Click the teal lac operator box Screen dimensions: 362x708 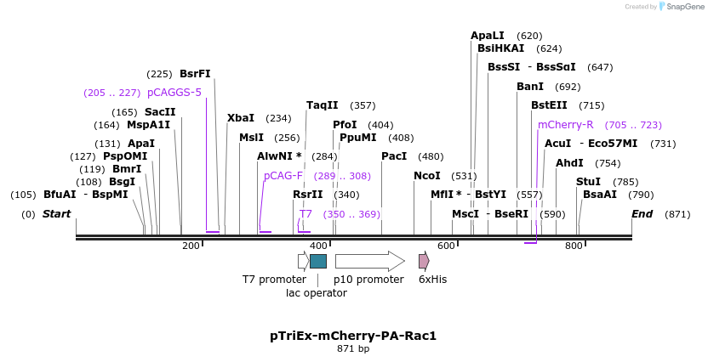point(318,261)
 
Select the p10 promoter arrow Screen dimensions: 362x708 point(369,261)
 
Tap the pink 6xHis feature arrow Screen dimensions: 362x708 point(424,261)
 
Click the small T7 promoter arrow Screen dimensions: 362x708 point(303,261)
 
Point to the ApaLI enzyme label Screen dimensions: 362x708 point(488,36)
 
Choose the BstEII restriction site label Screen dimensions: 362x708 point(549,105)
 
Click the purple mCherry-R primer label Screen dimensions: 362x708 point(566,125)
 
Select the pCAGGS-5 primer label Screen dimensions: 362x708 point(174,93)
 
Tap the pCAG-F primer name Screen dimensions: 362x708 point(283,176)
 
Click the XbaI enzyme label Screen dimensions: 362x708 point(241,118)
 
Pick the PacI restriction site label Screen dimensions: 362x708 point(394,156)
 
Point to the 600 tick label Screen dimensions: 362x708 point(446,246)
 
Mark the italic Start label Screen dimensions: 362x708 point(57,214)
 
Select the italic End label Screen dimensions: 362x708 point(642,214)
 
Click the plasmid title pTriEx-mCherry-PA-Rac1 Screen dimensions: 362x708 point(353,336)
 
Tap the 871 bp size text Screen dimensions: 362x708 point(353,349)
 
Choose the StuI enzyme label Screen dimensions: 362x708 point(588,182)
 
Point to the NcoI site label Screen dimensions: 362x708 point(426,176)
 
